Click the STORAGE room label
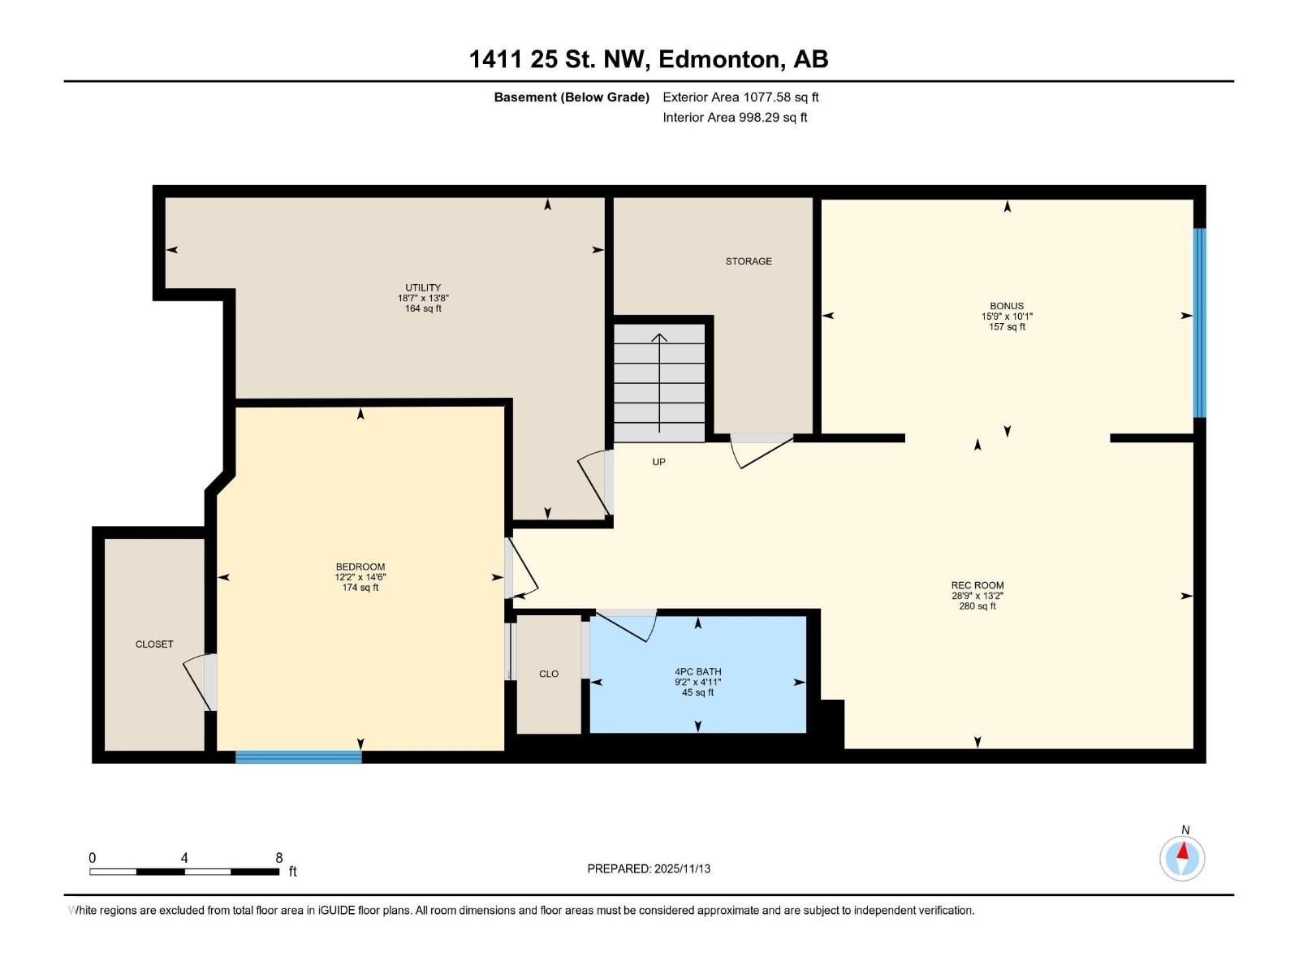(x=749, y=261)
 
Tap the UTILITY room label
(x=423, y=287)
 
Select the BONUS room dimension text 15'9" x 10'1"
(x=1007, y=317)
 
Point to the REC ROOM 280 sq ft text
(x=977, y=606)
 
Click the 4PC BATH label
(x=697, y=672)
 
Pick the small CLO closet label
(x=549, y=674)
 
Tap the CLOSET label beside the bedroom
(x=154, y=644)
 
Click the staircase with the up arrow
(x=659, y=382)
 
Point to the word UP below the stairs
(x=658, y=462)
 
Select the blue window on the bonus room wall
(x=1199, y=322)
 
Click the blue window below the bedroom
(x=298, y=756)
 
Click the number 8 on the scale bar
(x=279, y=858)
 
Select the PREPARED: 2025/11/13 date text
(x=649, y=868)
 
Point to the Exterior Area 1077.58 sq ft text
(x=740, y=97)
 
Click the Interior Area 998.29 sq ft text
(x=735, y=118)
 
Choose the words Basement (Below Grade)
(x=572, y=97)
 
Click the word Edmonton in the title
(x=720, y=59)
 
